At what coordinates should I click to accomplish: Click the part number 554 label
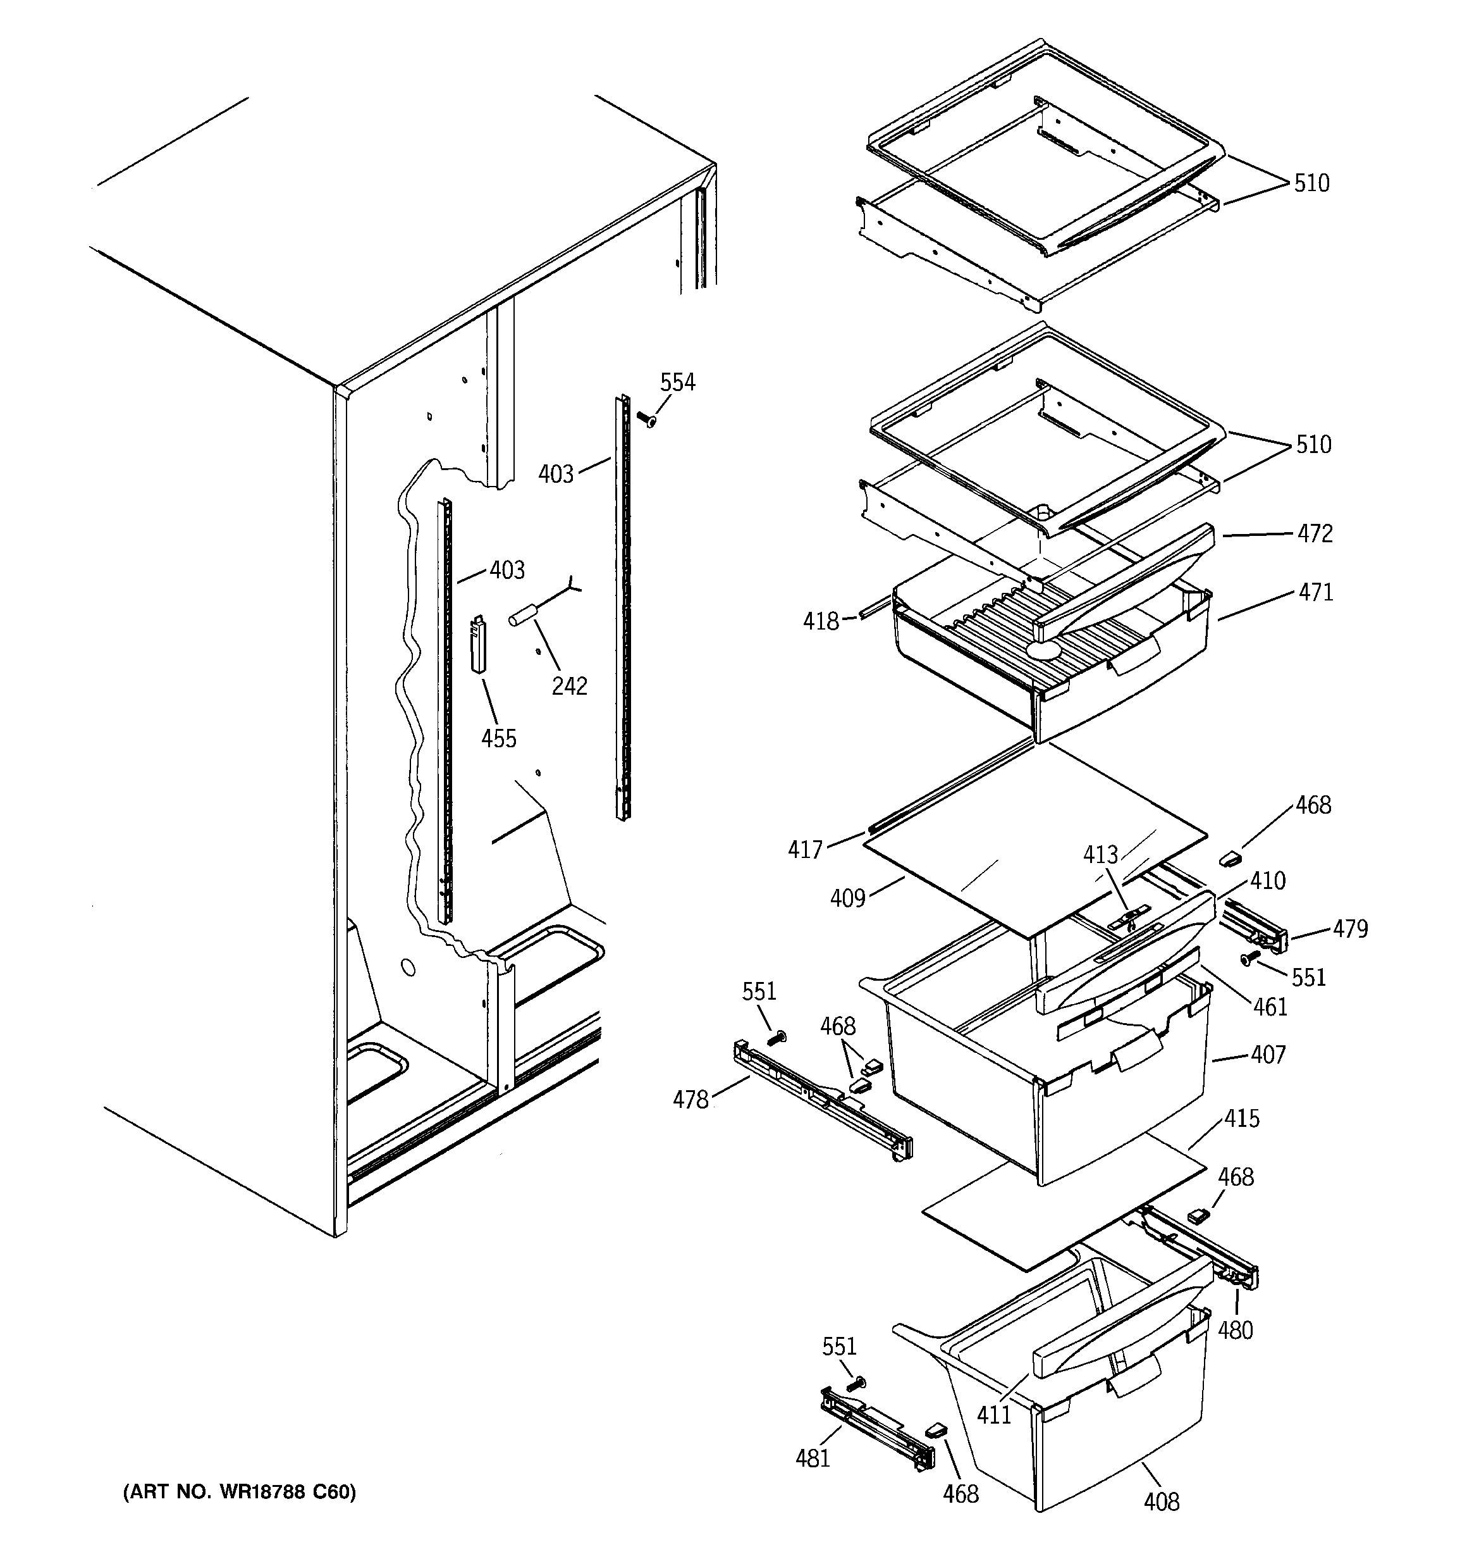pyautogui.click(x=677, y=383)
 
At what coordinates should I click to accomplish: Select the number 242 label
pyautogui.click(x=569, y=686)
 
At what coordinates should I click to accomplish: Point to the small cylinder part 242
pyautogui.click(x=524, y=614)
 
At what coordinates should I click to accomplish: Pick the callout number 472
pyautogui.click(x=1315, y=534)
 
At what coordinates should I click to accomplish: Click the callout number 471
pyautogui.click(x=1316, y=592)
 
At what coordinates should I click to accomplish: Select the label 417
pyautogui.click(x=805, y=849)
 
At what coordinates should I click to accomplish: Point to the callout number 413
pyautogui.click(x=1100, y=855)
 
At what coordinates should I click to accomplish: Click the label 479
pyautogui.click(x=1351, y=929)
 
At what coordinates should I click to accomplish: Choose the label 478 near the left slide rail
pyautogui.click(x=691, y=1100)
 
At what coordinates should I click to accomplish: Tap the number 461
pyautogui.click(x=1270, y=1007)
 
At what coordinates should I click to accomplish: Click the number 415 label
pyautogui.click(x=1242, y=1119)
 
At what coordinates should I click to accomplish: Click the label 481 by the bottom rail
pyautogui.click(x=813, y=1459)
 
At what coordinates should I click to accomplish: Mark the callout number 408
pyautogui.click(x=1162, y=1502)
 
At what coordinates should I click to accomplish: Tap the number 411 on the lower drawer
pyautogui.click(x=994, y=1415)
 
